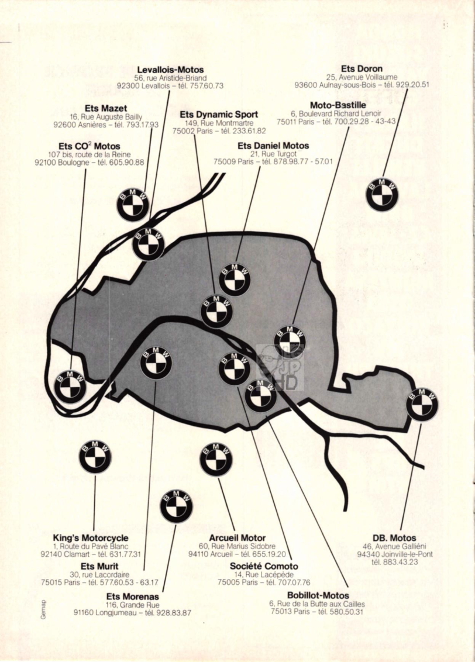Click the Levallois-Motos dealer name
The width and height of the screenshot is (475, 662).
[171, 70]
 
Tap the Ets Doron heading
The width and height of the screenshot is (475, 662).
[362, 68]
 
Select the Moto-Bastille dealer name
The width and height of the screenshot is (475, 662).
[338, 105]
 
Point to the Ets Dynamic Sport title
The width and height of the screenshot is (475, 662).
[219, 115]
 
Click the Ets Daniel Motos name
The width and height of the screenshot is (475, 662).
[273, 146]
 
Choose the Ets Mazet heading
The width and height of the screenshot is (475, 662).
[105, 109]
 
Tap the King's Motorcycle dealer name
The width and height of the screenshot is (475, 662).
[90, 538]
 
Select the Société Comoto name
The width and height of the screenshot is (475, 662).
[264, 566]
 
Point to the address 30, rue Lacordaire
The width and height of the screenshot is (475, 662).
[99, 575]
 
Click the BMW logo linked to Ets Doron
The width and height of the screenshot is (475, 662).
[381, 194]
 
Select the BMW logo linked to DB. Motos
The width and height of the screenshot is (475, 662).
[422, 405]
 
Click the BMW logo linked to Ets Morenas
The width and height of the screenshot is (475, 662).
[177, 506]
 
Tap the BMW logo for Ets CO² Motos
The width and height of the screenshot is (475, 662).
[70, 387]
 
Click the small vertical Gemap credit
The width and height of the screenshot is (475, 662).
[43, 610]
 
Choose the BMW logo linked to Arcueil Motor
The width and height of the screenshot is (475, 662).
[216, 459]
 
